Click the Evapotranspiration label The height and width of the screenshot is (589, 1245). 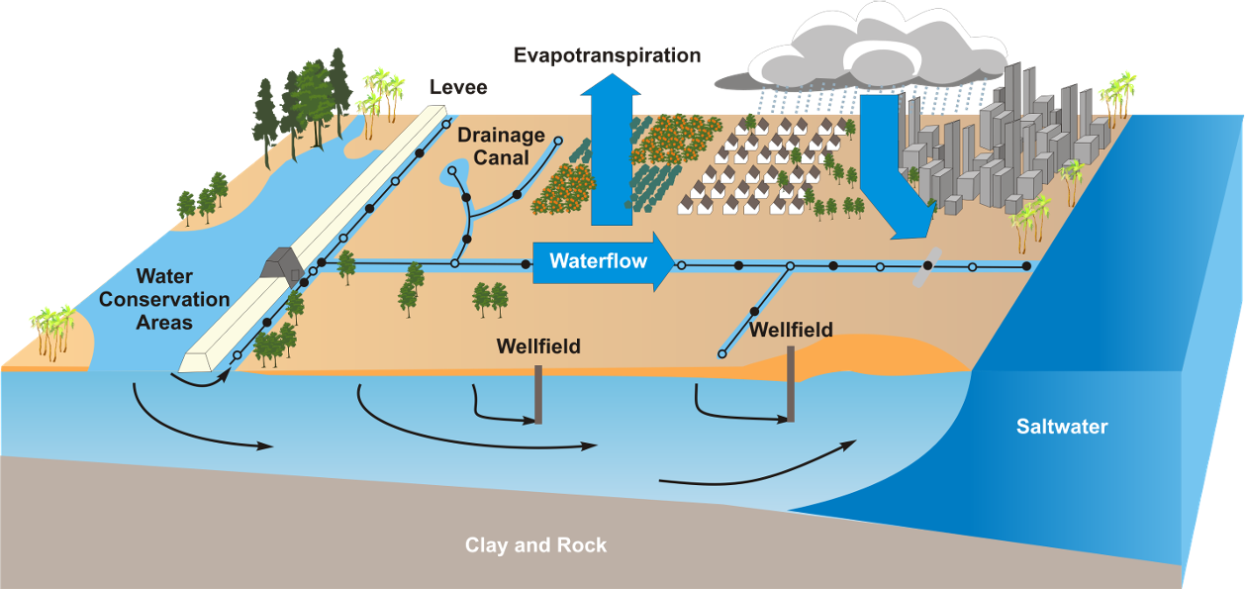tap(606, 55)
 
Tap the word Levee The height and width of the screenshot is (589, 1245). tap(457, 87)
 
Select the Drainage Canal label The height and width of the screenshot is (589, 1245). tap(501, 146)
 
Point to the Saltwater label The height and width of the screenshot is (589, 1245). tap(1062, 428)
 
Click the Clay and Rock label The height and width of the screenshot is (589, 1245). tap(535, 545)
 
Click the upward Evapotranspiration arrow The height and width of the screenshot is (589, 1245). tap(611, 148)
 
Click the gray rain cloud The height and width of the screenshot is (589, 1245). tap(861, 49)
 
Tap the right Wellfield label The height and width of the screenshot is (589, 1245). tap(791, 330)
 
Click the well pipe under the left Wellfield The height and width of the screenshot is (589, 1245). tap(538, 394)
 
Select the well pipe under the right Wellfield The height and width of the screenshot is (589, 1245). tap(791, 386)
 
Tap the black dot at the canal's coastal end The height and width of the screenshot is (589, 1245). tap(1026, 266)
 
